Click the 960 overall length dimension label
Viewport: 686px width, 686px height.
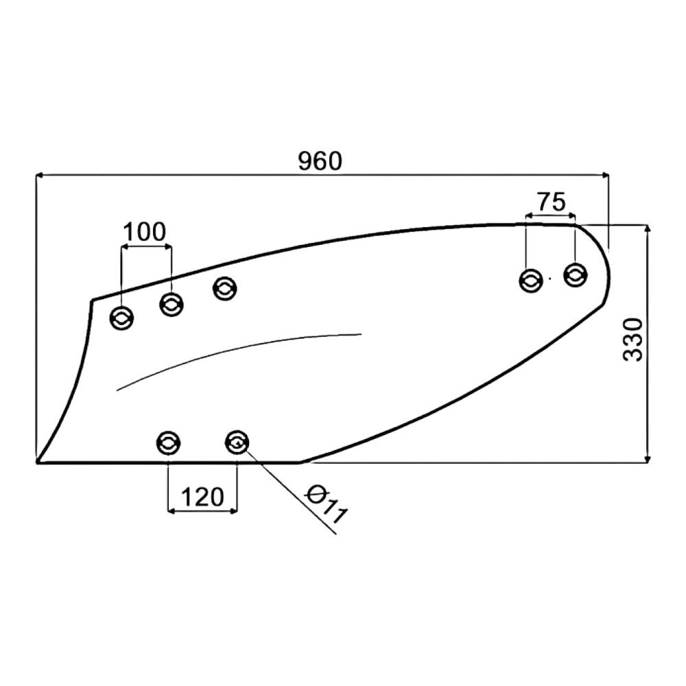pyautogui.click(x=320, y=161)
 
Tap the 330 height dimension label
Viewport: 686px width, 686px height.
pyautogui.click(x=633, y=340)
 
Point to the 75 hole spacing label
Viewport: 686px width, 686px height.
pyautogui.click(x=552, y=202)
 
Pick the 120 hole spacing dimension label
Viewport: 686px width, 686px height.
pyautogui.click(x=202, y=497)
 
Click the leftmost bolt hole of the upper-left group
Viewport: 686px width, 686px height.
pyautogui.click(x=121, y=318)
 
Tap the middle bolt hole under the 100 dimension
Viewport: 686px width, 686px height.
pyautogui.click(x=171, y=305)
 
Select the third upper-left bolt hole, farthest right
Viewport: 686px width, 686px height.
pyautogui.click(x=225, y=288)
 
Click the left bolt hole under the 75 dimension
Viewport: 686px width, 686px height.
pyautogui.click(x=531, y=281)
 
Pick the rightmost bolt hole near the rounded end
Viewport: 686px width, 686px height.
pyautogui.click(x=576, y=275)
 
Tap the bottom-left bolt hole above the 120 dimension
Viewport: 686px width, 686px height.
pyautogui.click(x=169, y=443)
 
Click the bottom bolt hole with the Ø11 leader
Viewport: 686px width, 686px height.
pyautogui.click(x=237, y=442)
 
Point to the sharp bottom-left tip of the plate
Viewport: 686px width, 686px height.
pyautogui.click(x=37, y=462)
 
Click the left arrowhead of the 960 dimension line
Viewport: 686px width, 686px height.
pyautogui.click(x=38, y=175)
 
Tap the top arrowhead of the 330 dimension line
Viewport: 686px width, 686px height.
pyautogui.click(x=648, y=228)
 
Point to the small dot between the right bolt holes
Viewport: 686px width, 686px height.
pyautogui.click(x=549, y=278)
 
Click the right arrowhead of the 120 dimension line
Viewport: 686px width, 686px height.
pyautogui.click(x=234, y=510)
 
